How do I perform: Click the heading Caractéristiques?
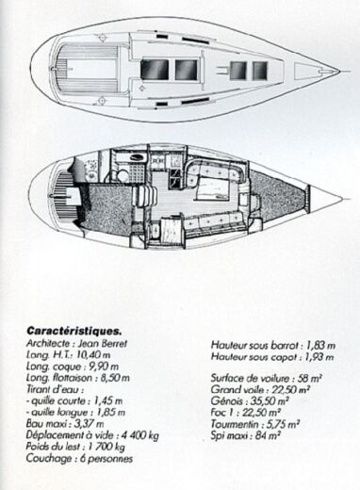pos(74,331)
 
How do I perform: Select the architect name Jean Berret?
pos(116,345)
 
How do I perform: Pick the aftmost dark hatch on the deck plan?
pos(154,69)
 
